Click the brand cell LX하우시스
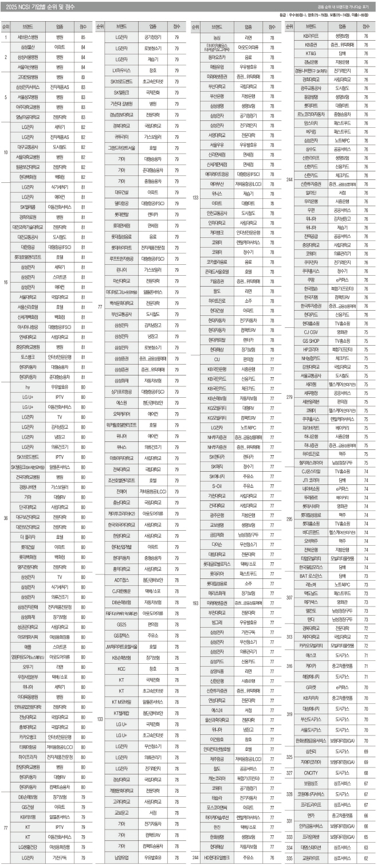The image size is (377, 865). [122, 67]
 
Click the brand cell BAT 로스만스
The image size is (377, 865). [311, 576]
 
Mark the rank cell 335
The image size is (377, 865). [290, 857]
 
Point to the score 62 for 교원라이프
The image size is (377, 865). [366, 857]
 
